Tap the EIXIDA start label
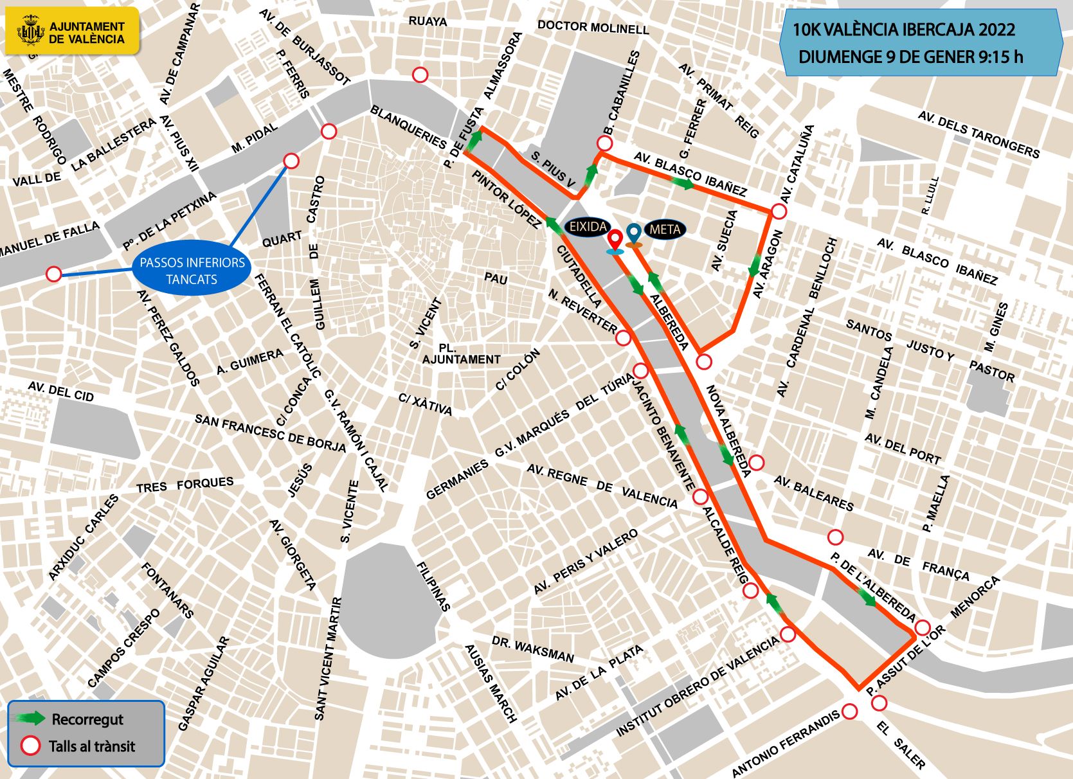tap(588, 226)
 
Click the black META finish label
tap(665, 229)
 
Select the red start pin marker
tap(615, 240)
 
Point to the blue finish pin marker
tap(634, 233)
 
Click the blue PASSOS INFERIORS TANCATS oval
tap(192, 271)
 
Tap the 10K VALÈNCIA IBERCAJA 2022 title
tap(903, 30)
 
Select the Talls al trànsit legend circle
tap(30, 746)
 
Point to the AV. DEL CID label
tap(61, 391)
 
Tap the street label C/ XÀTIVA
tap(425, 404)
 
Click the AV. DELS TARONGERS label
tap(978, 134)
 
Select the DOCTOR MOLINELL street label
tap(593, 27)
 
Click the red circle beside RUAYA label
tap(420, 75)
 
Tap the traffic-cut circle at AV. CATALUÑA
tap(779, 211)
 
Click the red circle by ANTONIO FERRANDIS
tap(849, 711)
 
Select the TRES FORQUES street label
tap(185, 485)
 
